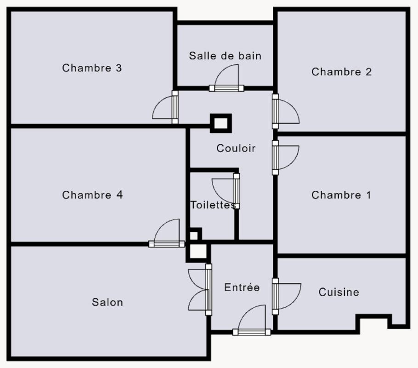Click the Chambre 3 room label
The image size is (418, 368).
[x=92, y=68]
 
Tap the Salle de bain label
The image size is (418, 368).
[x=225, y=56]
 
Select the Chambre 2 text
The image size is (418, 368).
[x=341, y=72]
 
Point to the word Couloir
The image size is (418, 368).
[x=236, y=148]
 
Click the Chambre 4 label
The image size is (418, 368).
[x=92, y=195]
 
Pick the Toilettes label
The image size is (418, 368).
[x=213, y=205]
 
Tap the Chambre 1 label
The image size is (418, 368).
[x=341, y=195]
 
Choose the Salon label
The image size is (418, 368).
[x=107, y=302]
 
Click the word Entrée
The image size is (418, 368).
[x=242, y=287]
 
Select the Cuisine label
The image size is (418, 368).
[x=339, y=292]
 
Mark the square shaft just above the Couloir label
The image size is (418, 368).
[x=221, y=123]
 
